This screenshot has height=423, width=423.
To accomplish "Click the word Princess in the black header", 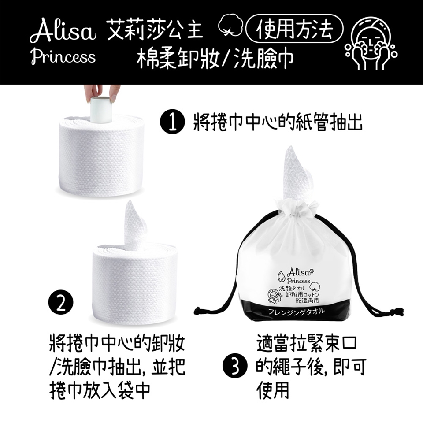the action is [63, 57].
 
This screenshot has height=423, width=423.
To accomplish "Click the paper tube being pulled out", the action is [100, 110].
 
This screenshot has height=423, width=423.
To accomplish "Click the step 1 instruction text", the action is [278, 123].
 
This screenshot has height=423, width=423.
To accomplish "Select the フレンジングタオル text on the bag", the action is [296, 312].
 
